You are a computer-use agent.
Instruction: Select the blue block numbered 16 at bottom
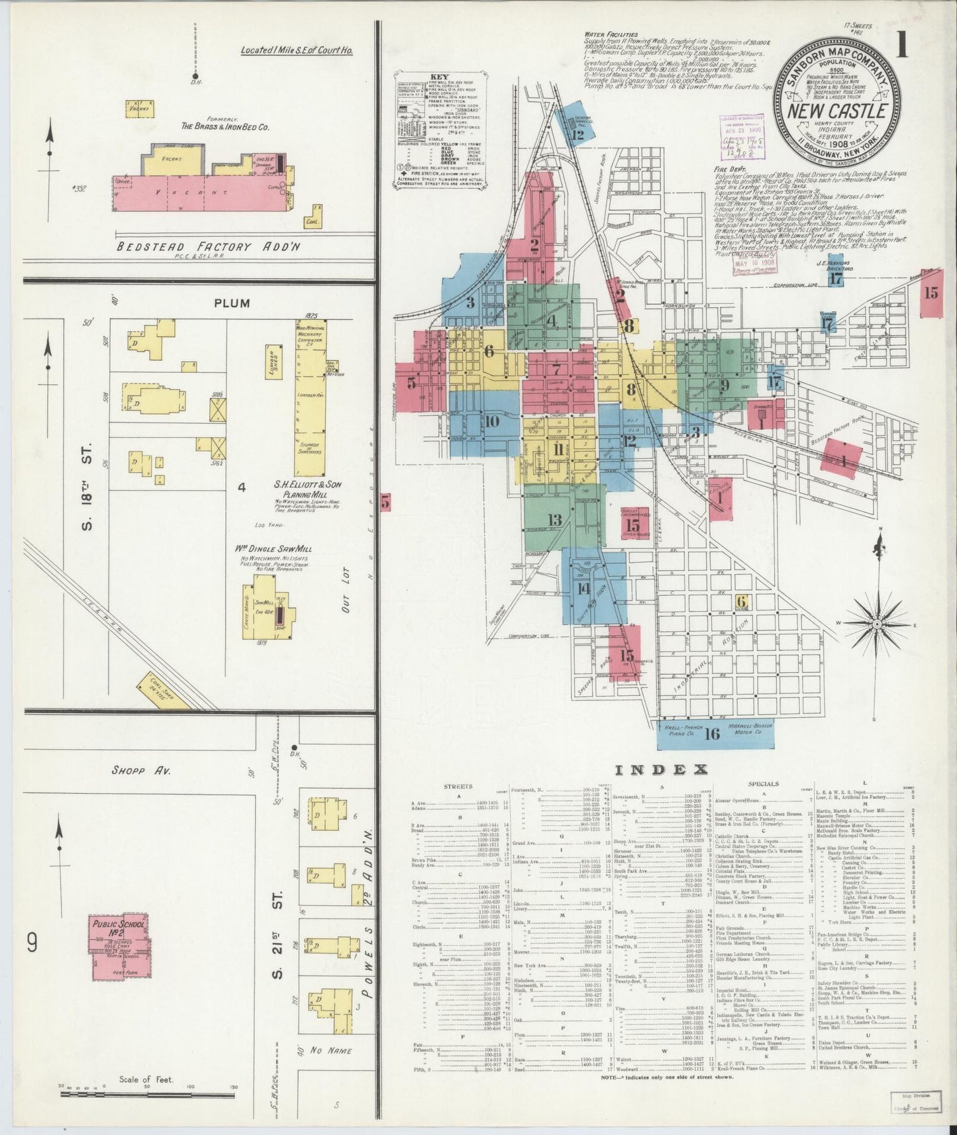[712, 733]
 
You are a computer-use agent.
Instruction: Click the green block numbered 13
[555, 520]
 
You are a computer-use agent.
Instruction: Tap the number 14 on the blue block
[583, 589]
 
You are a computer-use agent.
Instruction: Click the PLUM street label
[232, 303]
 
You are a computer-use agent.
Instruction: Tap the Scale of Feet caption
[146, 1079]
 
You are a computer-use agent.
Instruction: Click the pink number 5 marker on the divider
[385, 503]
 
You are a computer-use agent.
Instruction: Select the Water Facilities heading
[611, 34]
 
